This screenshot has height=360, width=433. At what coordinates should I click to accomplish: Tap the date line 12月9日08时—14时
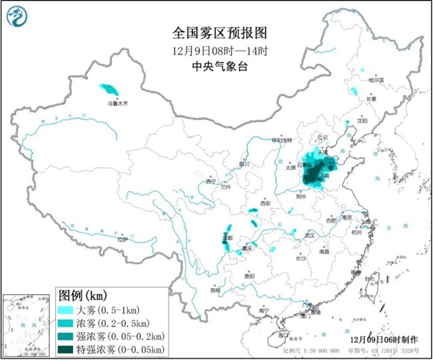[x=215, y=51]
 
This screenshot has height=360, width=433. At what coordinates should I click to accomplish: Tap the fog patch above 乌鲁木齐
[x=107, y=88]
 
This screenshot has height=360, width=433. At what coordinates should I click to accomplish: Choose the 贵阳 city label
[x=248, y=275]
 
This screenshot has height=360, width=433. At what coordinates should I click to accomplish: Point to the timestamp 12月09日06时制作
[x=385, y=339]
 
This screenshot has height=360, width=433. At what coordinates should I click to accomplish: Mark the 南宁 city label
[x=262, y=311]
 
